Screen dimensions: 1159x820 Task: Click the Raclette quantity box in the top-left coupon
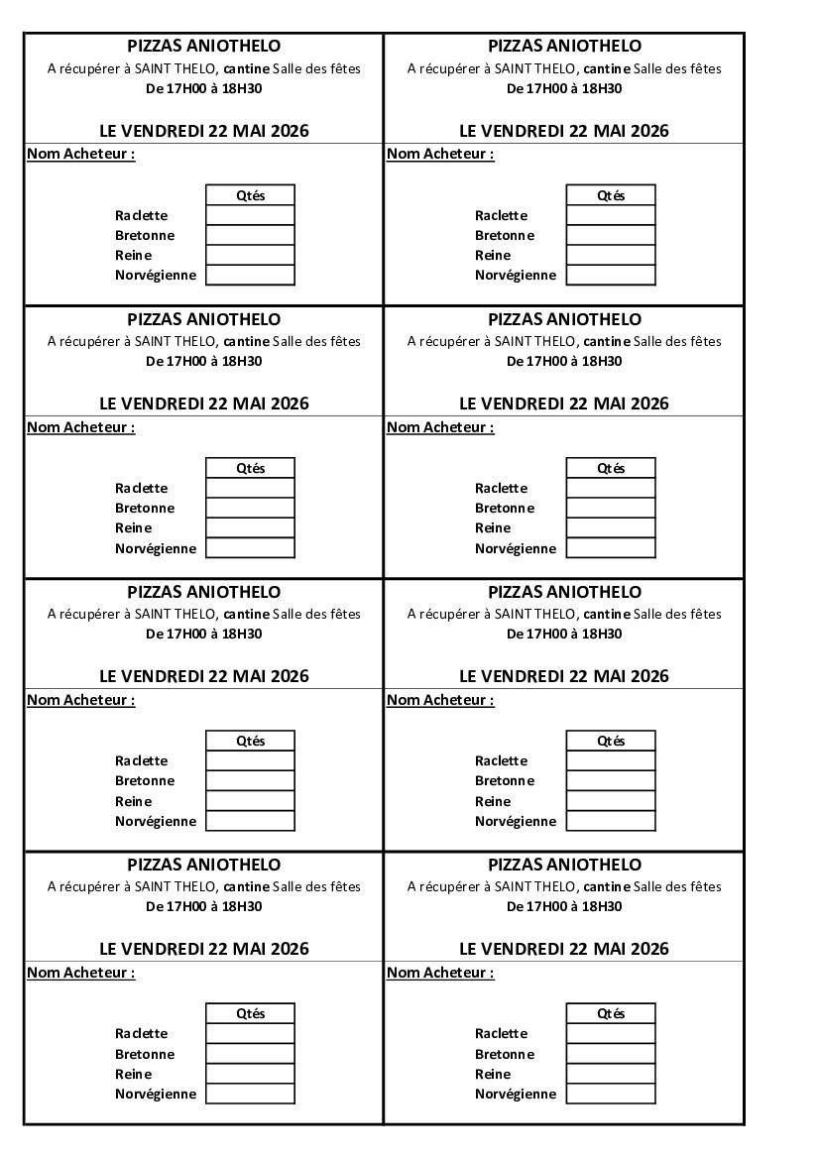(250, 215)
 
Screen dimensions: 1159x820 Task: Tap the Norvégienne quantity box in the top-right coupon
(611, 275)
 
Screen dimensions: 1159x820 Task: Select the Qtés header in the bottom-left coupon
(250, 1013)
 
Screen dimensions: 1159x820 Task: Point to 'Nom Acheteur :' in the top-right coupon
(440, 154)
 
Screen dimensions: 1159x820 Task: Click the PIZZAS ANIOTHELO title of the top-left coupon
(204, 46)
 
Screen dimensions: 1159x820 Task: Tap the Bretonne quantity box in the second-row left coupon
(250, 508)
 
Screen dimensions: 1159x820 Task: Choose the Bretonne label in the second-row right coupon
(505, 508)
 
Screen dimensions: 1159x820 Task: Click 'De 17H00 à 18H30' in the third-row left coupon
(204, 634)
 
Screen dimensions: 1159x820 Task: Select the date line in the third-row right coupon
(564, 676)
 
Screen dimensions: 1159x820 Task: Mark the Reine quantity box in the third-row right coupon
(611, 801)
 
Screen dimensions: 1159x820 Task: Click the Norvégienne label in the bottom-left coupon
(156, 1094)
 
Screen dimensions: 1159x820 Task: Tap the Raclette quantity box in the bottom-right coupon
(611, 1033)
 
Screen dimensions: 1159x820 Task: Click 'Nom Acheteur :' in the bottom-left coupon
(80, 973)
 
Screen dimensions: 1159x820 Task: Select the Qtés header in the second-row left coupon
(250, 468)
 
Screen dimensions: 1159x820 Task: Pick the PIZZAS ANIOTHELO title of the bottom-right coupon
(564, 865)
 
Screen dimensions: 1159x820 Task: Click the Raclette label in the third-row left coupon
(142, 760)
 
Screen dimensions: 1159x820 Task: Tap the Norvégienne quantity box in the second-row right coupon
(611, 548)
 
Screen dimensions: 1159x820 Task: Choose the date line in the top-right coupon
(564, 131)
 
